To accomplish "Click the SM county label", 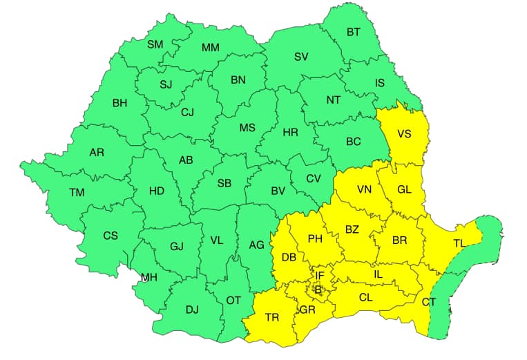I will pos(155,44).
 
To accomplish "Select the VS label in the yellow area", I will pos(404,133).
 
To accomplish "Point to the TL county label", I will pos(459,243).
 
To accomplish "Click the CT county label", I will pos(429,302).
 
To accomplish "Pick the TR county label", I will pos(272,318).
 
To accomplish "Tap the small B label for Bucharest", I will pos(318,290).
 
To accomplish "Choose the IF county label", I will pos(319,275).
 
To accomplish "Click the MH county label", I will pos(148,278).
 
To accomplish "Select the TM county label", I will pos(76,192).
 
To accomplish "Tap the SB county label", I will pos(224,183).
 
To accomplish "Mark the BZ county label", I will pos(352,229).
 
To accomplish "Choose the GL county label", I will pos(404,190).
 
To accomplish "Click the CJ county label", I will pos(188,113).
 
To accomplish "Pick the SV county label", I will pos(301,57).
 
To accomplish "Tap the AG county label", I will pos(256,245).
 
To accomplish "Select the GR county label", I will pos(308,310).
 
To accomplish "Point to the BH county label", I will pos(119,104).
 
